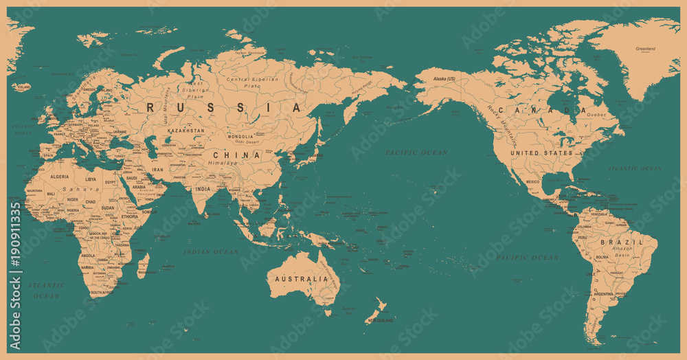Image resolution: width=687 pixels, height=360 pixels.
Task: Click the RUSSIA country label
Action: [224, 108]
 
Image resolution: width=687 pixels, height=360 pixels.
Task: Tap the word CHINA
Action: [237, 155]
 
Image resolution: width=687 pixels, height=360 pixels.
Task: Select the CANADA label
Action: [543, 110]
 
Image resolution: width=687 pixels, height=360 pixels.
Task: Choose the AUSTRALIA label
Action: [302, 280]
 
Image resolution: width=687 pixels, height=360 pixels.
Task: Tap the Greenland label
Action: [645, 49]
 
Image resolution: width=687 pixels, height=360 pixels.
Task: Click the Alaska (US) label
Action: [444, 80]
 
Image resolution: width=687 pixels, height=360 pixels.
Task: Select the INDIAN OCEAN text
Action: [211, 252]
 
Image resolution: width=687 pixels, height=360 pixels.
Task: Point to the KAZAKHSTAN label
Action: [185, 130]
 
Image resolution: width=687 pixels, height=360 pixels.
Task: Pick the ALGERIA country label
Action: [60, 177]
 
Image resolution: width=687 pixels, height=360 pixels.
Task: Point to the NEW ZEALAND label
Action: [379, 321]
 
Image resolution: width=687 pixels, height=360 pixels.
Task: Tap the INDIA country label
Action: [202, 189]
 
